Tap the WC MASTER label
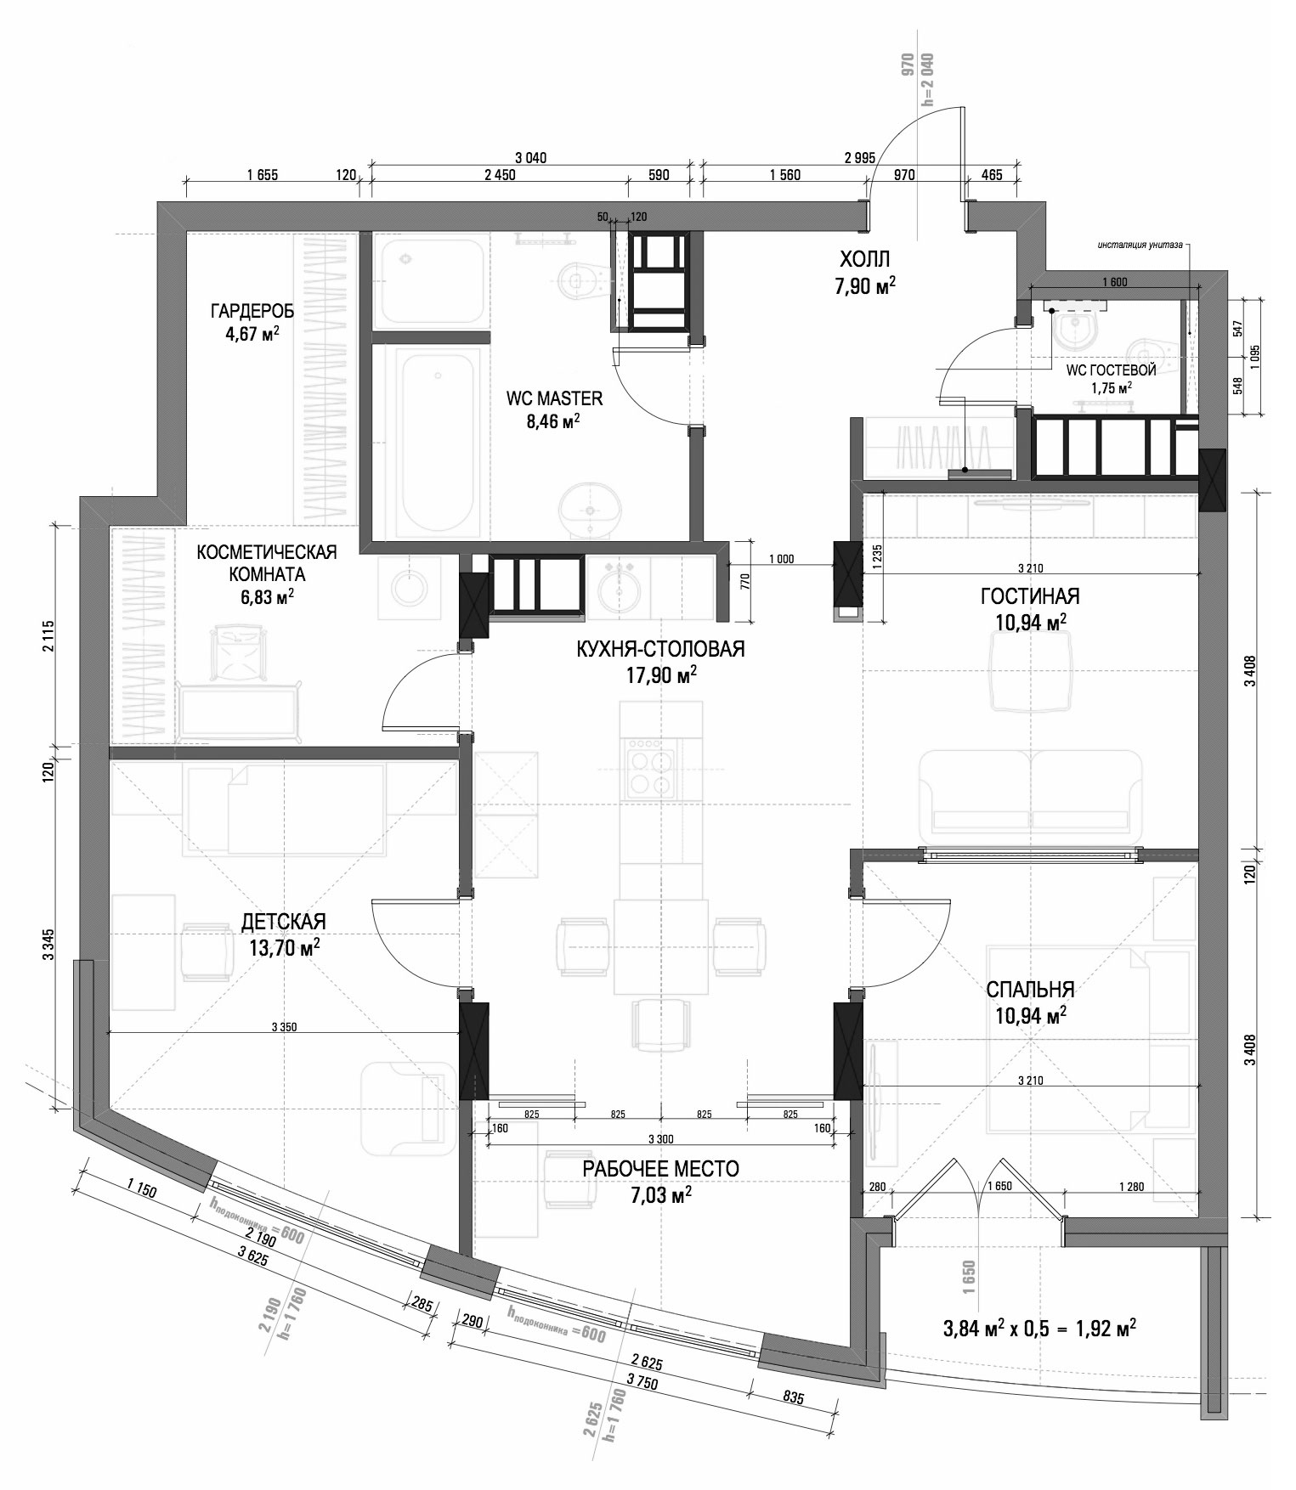[554, 398]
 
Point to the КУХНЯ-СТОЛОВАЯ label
[660, 650]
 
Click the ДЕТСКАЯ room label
[284, 923]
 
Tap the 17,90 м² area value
[660, 675]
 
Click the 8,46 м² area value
[554, 421]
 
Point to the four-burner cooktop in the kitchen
[652, 769]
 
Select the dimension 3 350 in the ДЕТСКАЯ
[284, 1027]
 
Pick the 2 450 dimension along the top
[500, 175]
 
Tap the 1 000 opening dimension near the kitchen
[780, 558]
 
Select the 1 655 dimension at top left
[263, 175]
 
